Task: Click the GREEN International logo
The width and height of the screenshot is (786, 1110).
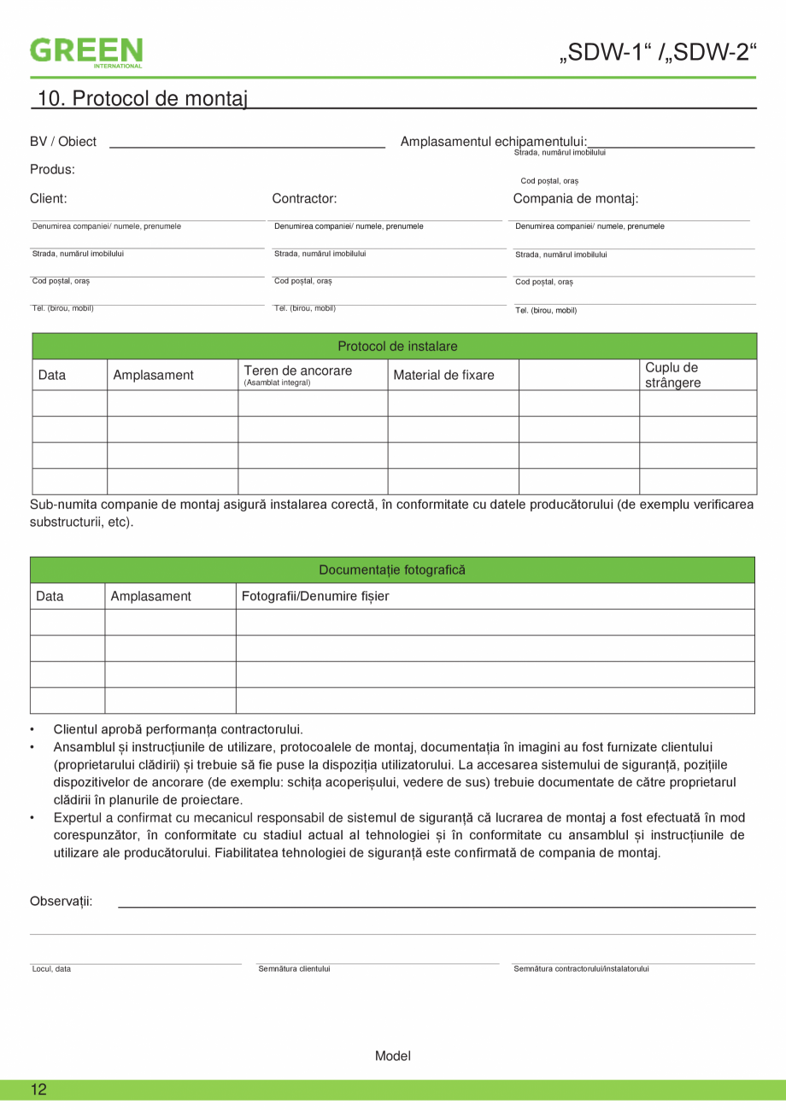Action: point(86,51)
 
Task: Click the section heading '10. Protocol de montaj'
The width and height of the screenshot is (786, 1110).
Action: point(142,99)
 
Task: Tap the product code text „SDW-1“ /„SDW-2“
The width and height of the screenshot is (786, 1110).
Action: point(658,52)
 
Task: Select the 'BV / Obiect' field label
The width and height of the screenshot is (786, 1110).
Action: point(63,142)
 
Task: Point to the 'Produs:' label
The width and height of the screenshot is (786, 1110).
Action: point(52,169)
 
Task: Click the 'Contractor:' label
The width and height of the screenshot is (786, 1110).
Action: point(304,199)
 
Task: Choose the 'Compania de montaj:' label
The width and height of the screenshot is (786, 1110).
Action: point(576,199)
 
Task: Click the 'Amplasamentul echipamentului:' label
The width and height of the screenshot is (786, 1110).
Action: point(494,141)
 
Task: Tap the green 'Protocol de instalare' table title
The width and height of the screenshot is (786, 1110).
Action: point(397,347)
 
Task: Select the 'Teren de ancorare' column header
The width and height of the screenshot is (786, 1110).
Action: point(297,371)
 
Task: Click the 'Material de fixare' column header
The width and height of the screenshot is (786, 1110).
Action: point(443,375)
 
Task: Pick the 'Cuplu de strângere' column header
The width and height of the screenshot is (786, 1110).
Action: point(672,375)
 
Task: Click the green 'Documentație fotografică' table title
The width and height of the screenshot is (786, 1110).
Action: point(392,570)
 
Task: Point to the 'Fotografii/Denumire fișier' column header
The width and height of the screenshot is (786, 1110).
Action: point(315,596)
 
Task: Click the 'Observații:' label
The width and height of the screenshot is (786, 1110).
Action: point(62,901)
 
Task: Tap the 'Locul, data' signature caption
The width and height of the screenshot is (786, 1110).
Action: point(51,968)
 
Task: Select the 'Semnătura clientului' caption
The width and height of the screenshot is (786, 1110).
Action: point(294,968)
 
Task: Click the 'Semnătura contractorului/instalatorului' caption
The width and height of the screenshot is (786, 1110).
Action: point(581,968)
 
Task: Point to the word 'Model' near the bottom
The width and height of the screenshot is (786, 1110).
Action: point(393,1056)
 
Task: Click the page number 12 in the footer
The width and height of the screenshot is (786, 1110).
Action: point(39,1090)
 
